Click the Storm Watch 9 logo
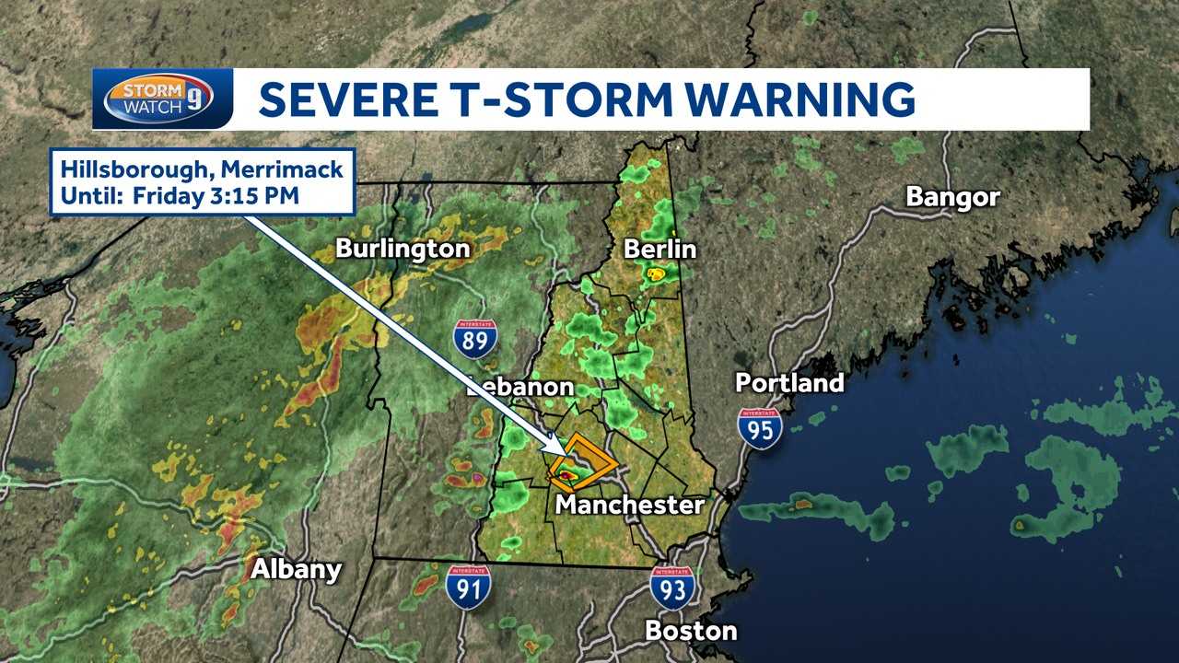[x=161, y=98]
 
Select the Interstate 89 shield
[x=475, y=338]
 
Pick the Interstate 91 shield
[x=468, y=586]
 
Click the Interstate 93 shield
[x=672, y=586]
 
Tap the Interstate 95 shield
[x=760, y=428]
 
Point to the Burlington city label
[x=403, y=249]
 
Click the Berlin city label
[x=660, y=249]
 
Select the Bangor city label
[x=952, y=197]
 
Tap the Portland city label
[x=789, y=382]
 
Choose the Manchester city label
[x=629, y=505]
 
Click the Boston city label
[x=691, y=631]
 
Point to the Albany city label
[x=297, y=569]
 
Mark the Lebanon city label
[x=520, y=387]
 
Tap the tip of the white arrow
[x=565, y=453]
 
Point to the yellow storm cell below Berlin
[x=657, y=273]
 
